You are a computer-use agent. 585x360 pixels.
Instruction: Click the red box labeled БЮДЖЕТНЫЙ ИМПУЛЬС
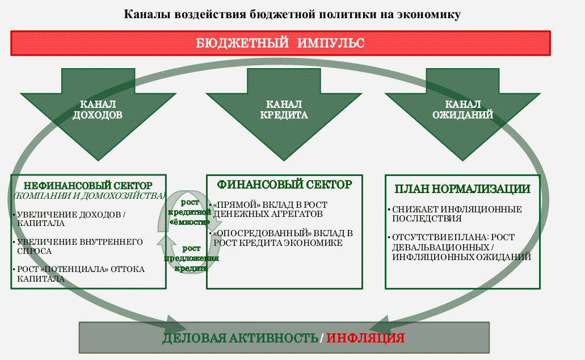pos(280,43)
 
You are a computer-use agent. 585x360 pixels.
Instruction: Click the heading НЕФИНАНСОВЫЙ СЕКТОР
pos(88,186)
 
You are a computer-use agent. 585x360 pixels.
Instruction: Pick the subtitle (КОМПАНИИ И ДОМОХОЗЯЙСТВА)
pos(89,196)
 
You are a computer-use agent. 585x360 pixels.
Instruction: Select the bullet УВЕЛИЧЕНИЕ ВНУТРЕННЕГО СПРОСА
pos(77,246)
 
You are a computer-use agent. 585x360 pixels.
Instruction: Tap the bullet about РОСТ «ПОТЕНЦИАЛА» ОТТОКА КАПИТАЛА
pos(78,273)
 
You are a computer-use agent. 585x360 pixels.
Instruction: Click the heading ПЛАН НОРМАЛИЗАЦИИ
pos(462,189)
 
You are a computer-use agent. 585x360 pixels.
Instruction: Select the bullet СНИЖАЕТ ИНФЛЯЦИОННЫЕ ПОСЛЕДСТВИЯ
pos(457,214)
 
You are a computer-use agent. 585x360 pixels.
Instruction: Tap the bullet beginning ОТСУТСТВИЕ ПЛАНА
pos(461,247)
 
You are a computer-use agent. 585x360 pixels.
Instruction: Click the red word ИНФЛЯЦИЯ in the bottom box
pos(365,338)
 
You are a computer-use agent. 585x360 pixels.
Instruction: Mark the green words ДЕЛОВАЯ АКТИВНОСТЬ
pos(240,338)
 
